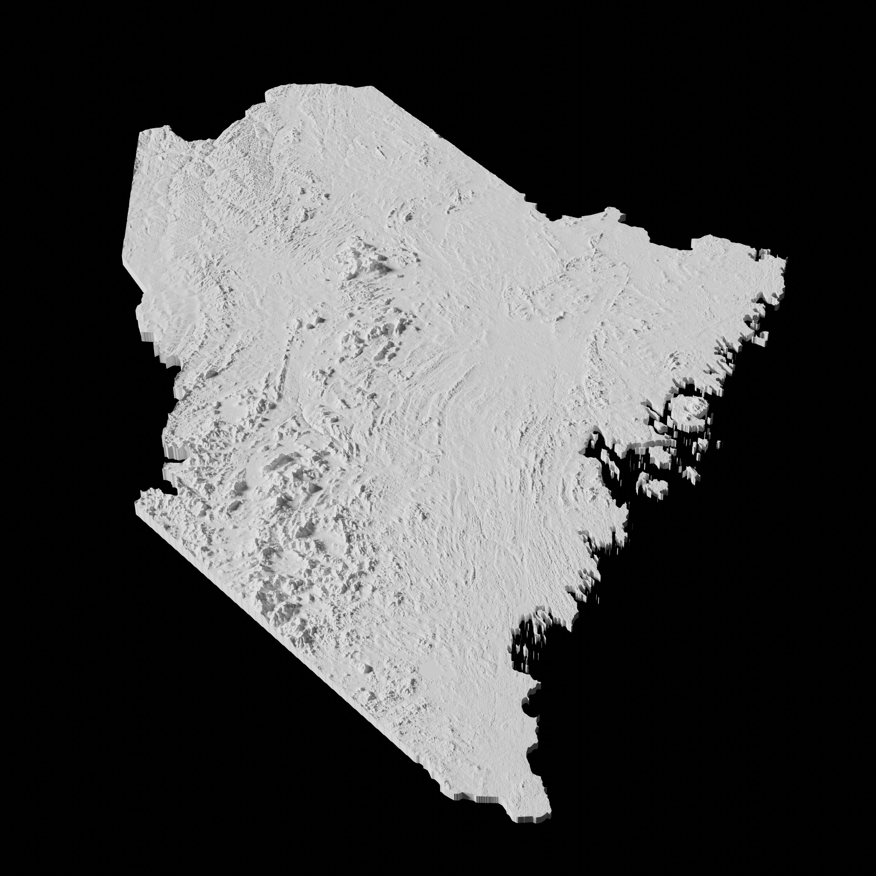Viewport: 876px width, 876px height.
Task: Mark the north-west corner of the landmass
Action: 140,134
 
